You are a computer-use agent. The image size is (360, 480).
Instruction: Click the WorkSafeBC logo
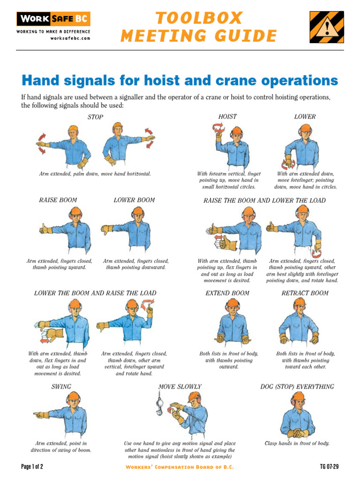pyautogui.click(x=53, y=19)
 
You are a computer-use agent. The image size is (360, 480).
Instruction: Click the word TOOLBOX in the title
pyautogui.click(x=199, y=18)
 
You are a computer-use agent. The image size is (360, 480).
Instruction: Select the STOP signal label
pyautogui.click(x=95, y=117)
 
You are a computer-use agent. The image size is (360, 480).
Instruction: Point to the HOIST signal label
pyautogui.click(x=227, y=116)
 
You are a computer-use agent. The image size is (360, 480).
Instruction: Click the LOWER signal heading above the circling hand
pyautogui.click(x=305, y=116)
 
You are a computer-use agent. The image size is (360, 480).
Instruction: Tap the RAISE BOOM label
pyautogui.click(x=58, y=200)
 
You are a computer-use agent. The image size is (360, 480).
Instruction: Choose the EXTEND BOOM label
pyautogui.click(x=227, y=293)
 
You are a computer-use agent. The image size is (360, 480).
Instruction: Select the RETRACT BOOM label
pyautogui.click(x=305, y=293)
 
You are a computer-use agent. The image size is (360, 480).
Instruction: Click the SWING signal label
pyautogui.click(x=61, y=387)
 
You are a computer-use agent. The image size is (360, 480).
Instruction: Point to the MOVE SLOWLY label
pyautogui.click(x=180, y=387)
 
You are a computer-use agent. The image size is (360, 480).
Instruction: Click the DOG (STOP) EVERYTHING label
pyautogui.click(x=297, y=387)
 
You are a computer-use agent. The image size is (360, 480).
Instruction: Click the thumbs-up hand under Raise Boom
pyautogui.click(x=45, y=229)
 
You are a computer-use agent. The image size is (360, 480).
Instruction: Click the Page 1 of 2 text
pyautogui.click(x=32, y=467)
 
